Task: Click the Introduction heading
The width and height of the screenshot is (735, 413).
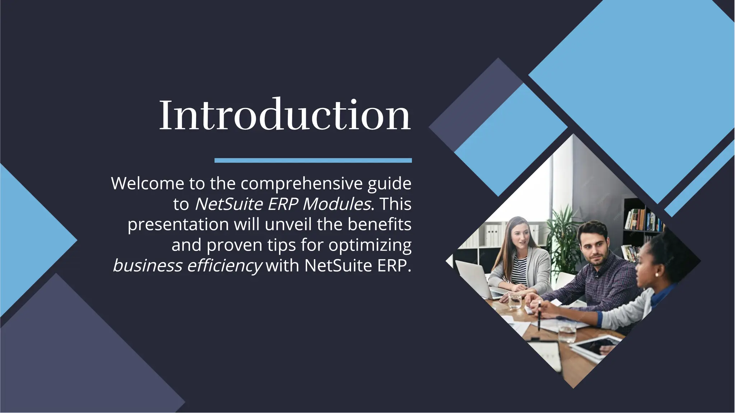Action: [x=285, y=115]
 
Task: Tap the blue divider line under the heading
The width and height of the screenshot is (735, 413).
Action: [x=313, y=160]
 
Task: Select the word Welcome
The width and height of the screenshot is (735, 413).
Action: [x=148, y=184]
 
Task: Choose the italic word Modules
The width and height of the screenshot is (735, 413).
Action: [x=337, y=204]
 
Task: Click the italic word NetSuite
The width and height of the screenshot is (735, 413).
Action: [x=229, y=204]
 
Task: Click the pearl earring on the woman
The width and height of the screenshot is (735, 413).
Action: [x=657, y=275]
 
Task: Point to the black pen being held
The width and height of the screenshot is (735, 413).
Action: [x=539, y=315]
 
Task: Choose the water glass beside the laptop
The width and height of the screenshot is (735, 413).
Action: [x=515, y=301]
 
